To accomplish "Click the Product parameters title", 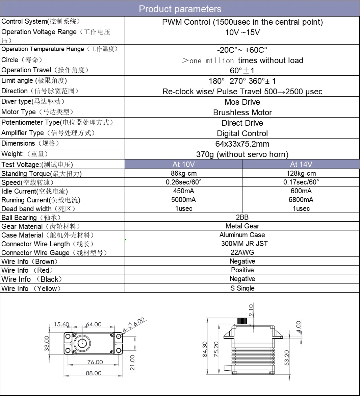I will tap(180, 9).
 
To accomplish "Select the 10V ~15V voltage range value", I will tap(242, 33).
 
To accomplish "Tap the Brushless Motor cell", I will tap(242, 113).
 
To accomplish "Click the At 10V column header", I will tap(183, 164).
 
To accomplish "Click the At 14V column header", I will tap(301, 164).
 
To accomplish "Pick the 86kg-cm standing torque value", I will tap(183, 173).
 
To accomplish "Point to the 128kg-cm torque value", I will tap(301, 173).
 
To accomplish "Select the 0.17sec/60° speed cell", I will tap(301, 182).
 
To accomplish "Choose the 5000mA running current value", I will tap(183, 200).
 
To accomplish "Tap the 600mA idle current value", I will tap(301, 191).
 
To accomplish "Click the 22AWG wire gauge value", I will tap(242, 252).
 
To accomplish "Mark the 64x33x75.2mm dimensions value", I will tap(242, 144).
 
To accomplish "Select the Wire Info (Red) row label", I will tap(27, 270).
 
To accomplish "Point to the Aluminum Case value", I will tap(242, 235).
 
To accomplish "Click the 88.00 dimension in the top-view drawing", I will tap(94, 373).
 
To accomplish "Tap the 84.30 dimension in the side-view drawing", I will tap(205, 349).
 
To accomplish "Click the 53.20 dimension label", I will tap(287, 357).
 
